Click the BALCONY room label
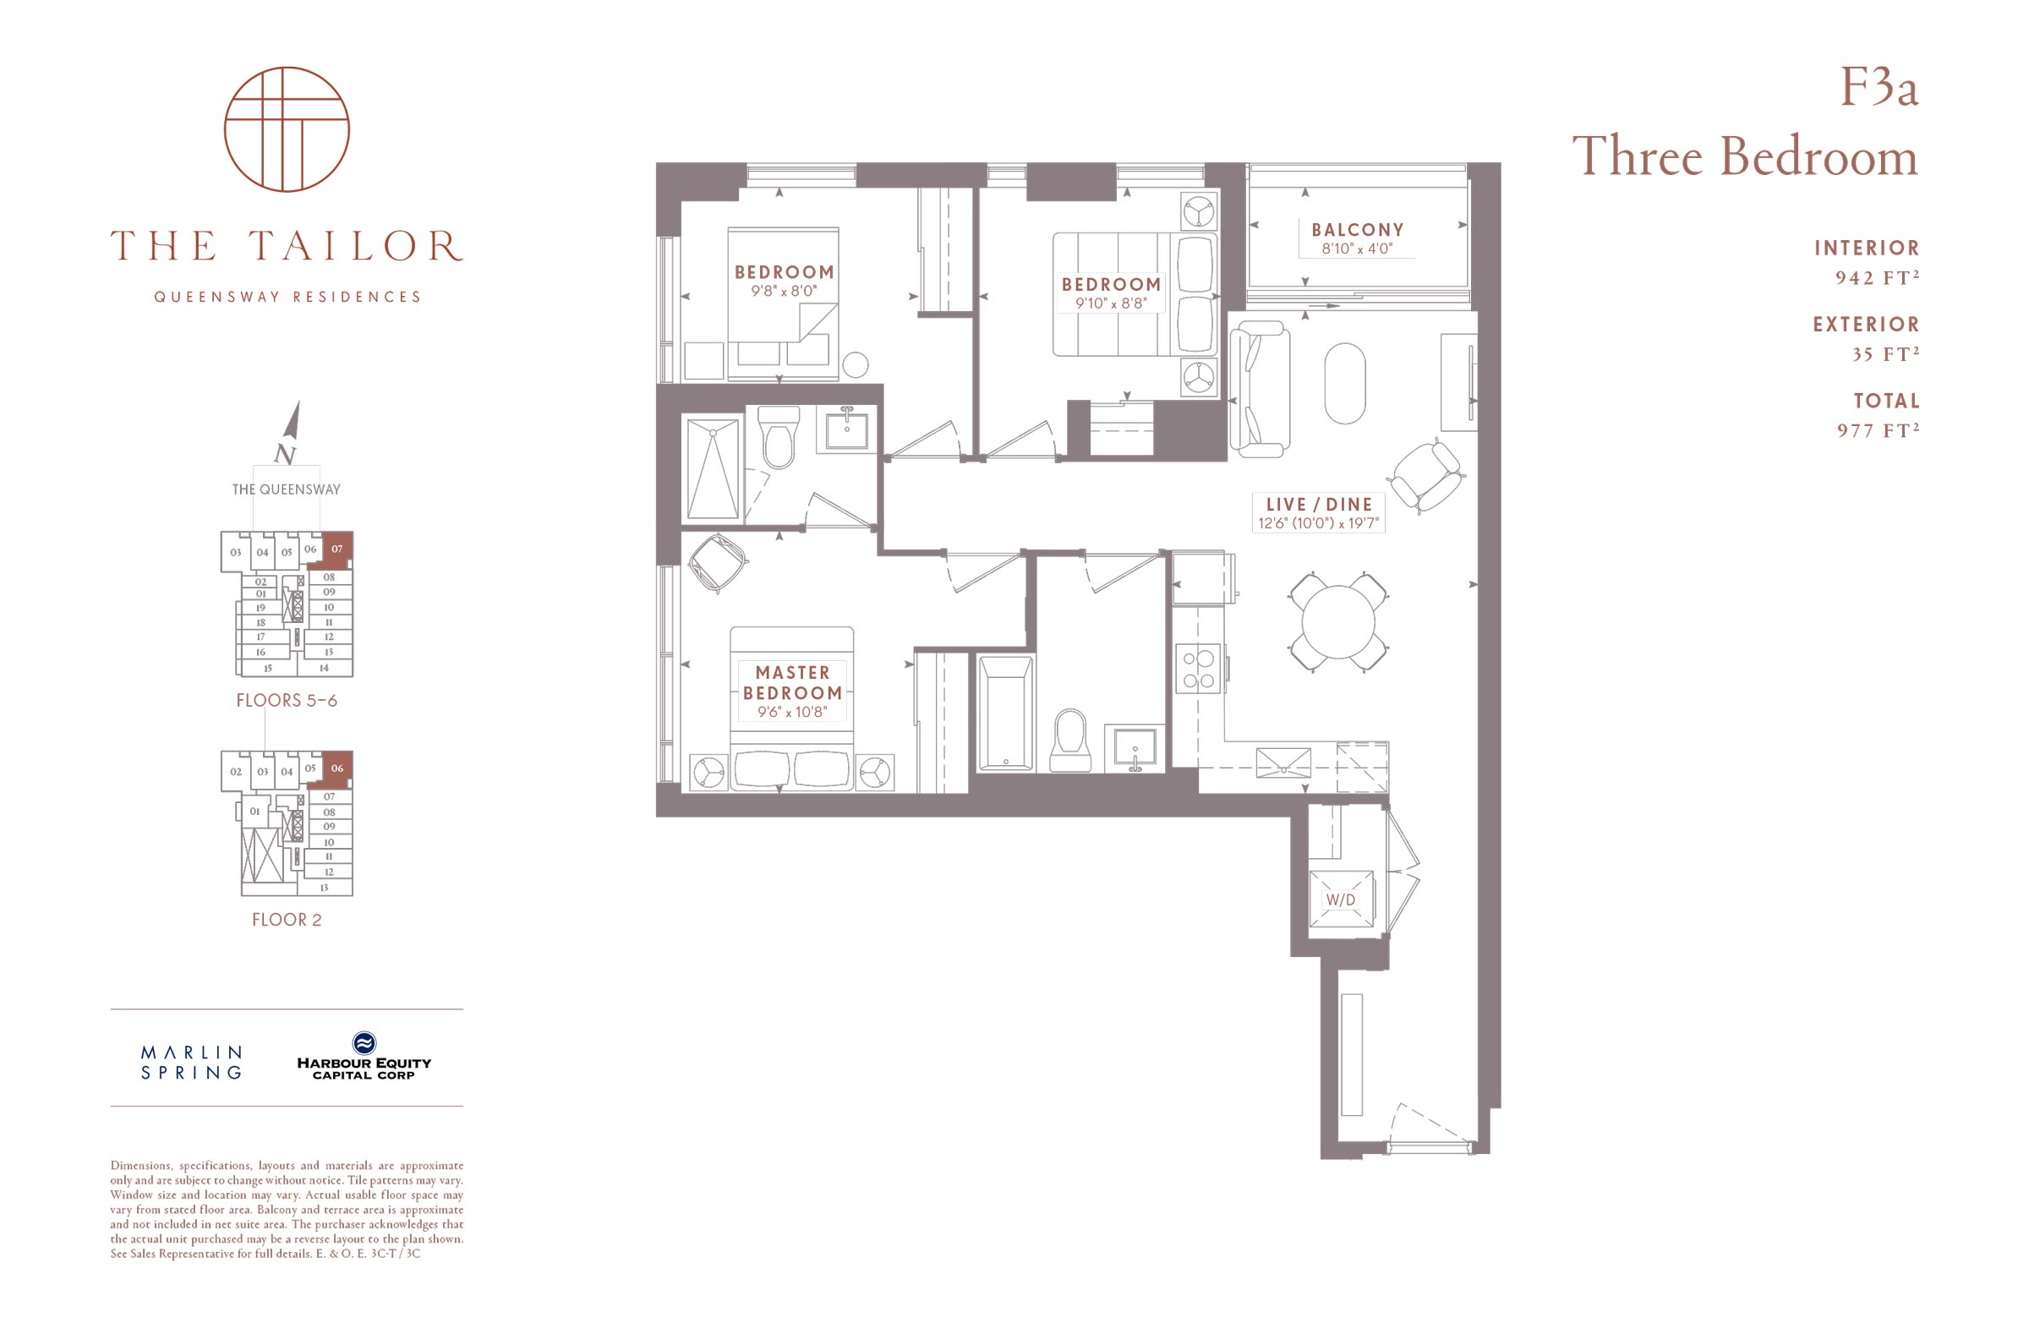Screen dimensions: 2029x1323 coord(1357,229)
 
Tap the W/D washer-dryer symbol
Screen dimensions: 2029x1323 coord(1341,899)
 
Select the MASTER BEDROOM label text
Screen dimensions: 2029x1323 coord(792,683)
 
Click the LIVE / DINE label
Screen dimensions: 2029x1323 coord(1319,504)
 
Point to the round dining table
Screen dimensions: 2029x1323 coord(1338,621)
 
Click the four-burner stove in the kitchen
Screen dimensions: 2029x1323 coord(1200,669)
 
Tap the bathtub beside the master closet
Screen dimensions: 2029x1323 coord(1006,713)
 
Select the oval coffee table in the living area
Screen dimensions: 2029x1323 coord(1344,383)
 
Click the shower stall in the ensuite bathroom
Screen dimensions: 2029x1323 coord(713,467)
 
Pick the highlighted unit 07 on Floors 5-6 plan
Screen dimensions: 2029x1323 coord(337,549)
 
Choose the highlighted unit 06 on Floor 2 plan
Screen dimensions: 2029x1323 coord(337,769)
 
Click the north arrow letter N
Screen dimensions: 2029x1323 coord(286,454)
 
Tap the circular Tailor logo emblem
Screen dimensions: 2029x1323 coord(287,128)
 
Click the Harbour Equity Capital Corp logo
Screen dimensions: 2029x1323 coord(364,1056)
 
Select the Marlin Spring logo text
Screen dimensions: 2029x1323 coord(192,1062)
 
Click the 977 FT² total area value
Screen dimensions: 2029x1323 coord(1879,429)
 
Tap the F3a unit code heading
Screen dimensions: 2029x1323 coord(1879,87)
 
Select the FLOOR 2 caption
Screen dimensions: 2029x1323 coord(287,919)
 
